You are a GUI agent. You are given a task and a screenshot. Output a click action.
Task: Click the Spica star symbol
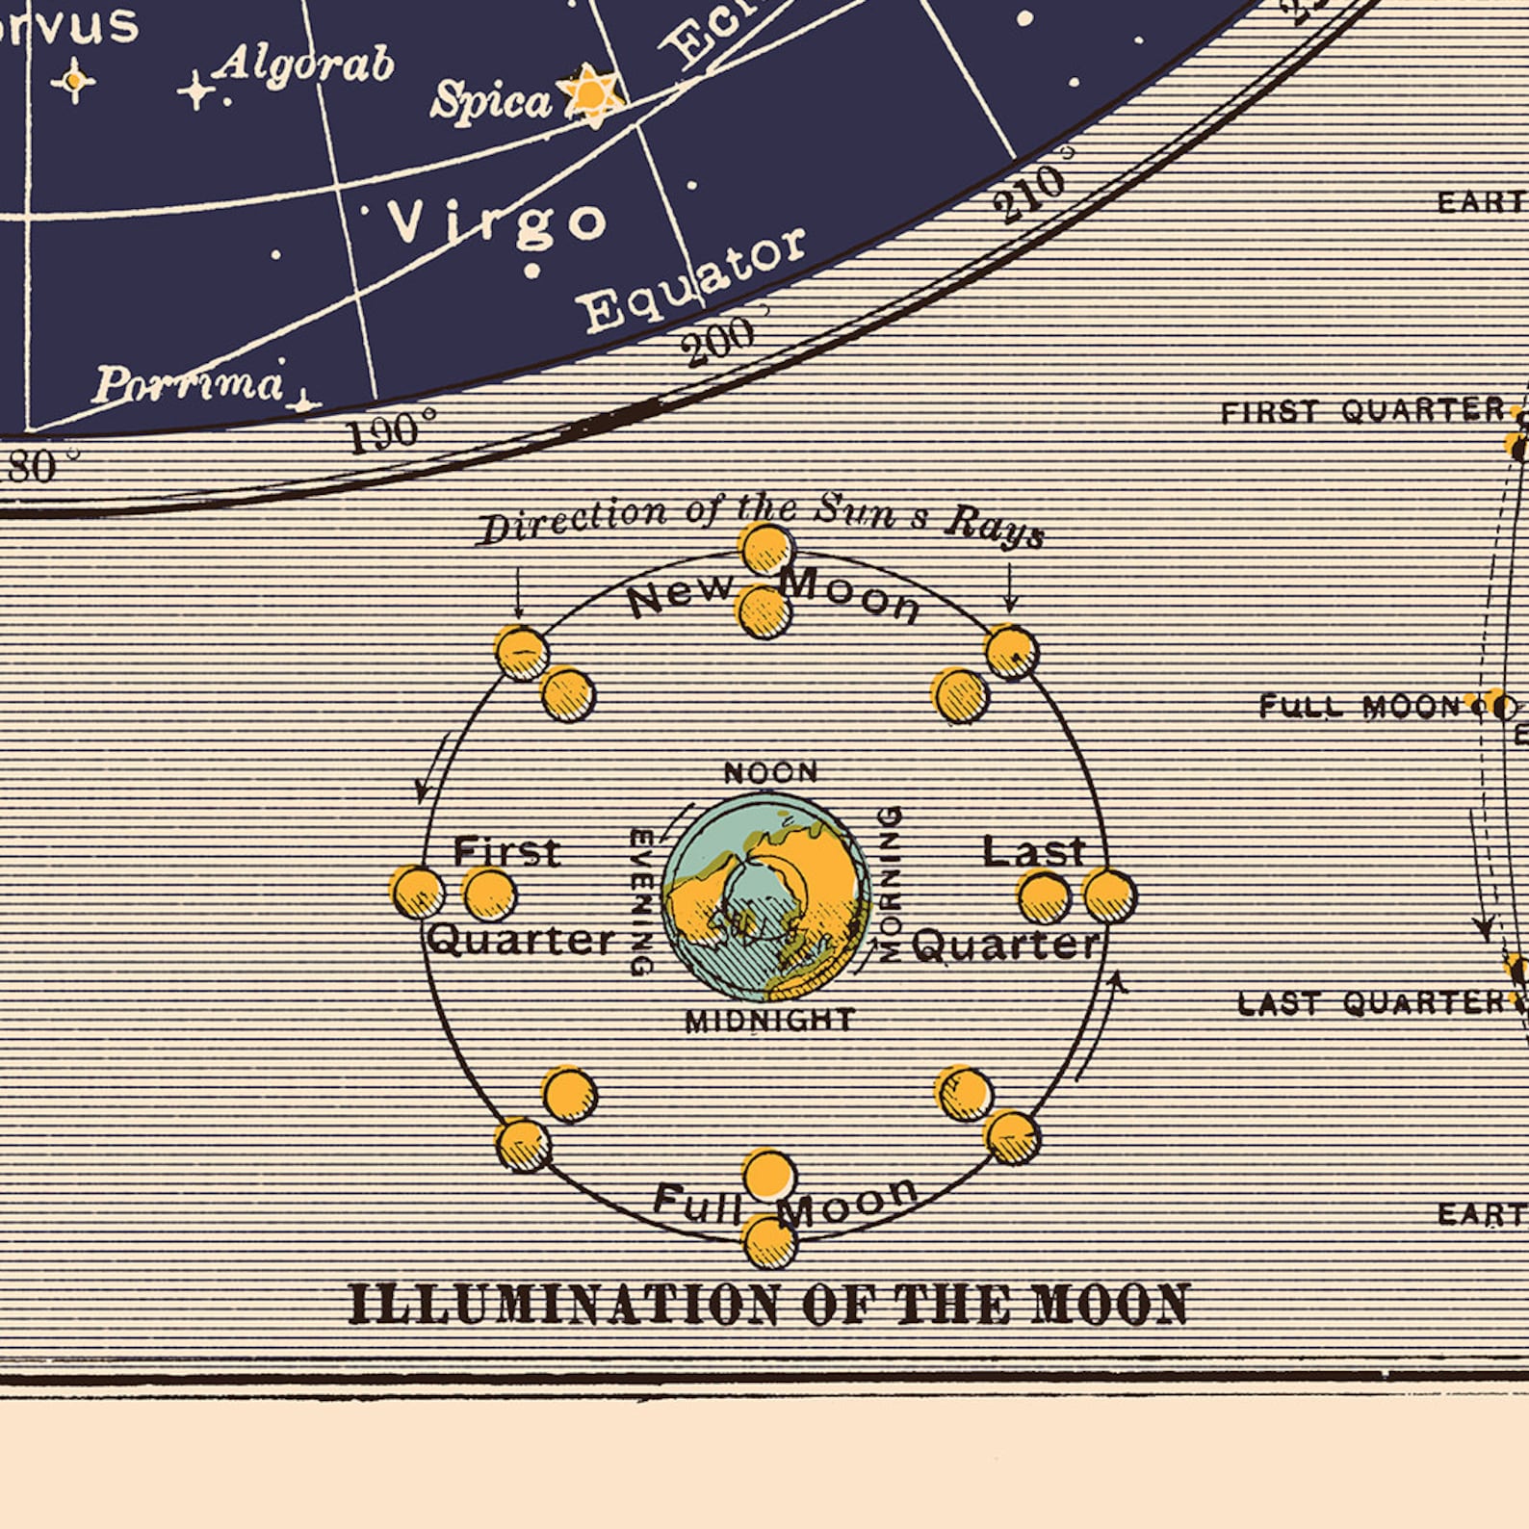(x=590, y=94)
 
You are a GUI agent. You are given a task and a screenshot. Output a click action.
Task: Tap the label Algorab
(x=304, y=65)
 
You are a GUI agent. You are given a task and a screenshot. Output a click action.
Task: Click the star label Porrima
(x=189, y=383)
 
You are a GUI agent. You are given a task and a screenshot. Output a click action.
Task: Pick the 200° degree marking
(x=718, y=341)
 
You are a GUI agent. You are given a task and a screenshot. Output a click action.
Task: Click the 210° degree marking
(x=1029, y=192)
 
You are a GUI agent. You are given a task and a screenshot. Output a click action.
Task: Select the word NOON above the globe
(x=770, y=772)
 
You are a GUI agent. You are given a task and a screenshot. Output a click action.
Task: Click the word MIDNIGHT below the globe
(x=769, y=1020)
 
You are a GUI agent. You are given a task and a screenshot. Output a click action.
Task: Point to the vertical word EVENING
(x=641, y=901)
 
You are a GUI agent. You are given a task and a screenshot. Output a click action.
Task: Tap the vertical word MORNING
(x=892, y=884)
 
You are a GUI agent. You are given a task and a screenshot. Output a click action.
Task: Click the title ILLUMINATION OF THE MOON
(x=768, y=1305)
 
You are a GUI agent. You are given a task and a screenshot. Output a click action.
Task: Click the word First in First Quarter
(x=506, y=852)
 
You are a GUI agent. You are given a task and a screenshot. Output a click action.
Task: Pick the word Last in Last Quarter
(x=1033, y=851)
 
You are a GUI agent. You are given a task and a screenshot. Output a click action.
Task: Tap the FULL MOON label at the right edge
(x=1359, y=707)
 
